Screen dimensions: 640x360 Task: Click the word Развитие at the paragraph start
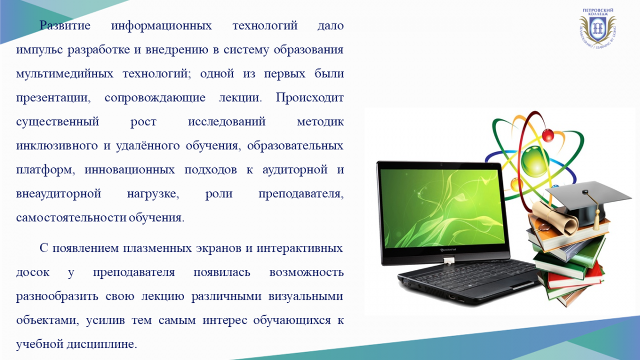[x=65, y=26]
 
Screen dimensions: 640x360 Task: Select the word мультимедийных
[x=65, y=74]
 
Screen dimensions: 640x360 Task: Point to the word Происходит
[x=310, y=98]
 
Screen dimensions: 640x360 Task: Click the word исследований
[x=227, y=122]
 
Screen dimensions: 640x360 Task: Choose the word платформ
[x=45, y=170]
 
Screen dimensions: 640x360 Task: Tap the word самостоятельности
[x=71, y=218]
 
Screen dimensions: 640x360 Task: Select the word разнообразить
[x=57, y=297]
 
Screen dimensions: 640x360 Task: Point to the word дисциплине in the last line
[x=102, y=345]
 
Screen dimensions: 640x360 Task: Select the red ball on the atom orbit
[x=548, y=135]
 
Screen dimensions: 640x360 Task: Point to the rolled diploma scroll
[x=554, y=217]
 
